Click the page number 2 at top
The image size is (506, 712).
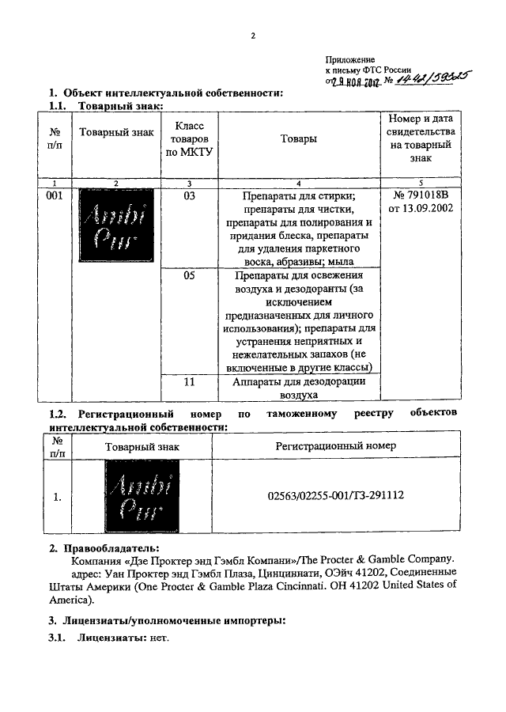[253, 36]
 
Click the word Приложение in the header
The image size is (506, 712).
[350, 59]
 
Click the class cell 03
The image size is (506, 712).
[189, 196]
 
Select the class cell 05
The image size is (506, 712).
[189, 277]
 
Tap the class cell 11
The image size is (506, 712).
[189, 382]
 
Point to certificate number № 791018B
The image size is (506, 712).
[421, 196]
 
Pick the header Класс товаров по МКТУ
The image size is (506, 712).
[189, 139]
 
